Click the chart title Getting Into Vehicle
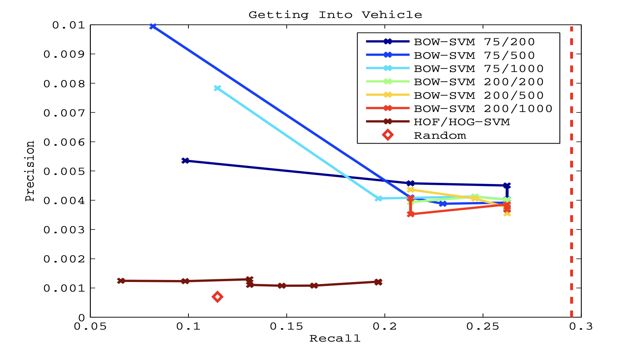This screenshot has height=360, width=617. coord(335,15)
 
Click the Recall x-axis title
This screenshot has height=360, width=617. coord(335,339)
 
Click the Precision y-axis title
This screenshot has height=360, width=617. coord(30,171)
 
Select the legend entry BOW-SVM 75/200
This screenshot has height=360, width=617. coord(474,42)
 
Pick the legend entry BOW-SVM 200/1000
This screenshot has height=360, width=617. coord(483,109)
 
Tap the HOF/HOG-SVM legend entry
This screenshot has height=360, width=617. coord(462,122)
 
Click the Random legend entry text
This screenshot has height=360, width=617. coord(440,136)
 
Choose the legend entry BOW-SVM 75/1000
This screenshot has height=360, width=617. coord(479,69)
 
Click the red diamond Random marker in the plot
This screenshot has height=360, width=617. coord(217,297)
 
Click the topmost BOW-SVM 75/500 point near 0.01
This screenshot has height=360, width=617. coord(152,26)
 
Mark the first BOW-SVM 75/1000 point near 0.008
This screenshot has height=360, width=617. coord(217,88)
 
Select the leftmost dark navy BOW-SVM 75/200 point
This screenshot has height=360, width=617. coord(185,161)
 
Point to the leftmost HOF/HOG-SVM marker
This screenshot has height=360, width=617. coord(121,281)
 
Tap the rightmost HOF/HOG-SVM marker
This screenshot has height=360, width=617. coord(378,282)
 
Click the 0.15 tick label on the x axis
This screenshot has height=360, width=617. coord(286,327)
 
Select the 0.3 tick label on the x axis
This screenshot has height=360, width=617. coord(581,327)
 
